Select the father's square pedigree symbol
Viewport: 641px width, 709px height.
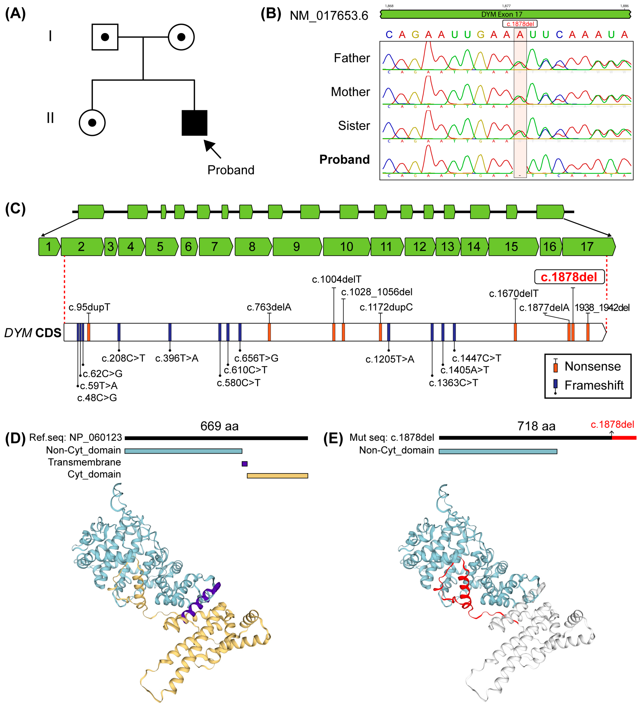pos(105,37)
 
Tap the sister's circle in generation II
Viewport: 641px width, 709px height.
pos(92,123)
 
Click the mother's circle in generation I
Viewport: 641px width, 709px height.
pos(181,37)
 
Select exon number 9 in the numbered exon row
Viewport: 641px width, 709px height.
pos(297,247)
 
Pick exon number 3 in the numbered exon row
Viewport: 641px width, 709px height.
pos(111,247)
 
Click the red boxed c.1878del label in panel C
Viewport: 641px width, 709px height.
pos(569,277)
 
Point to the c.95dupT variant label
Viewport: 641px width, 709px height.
pos(89,307)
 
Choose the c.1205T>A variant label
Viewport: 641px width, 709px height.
pos(390,359)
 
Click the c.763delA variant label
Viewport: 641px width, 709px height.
pos(269,307)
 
